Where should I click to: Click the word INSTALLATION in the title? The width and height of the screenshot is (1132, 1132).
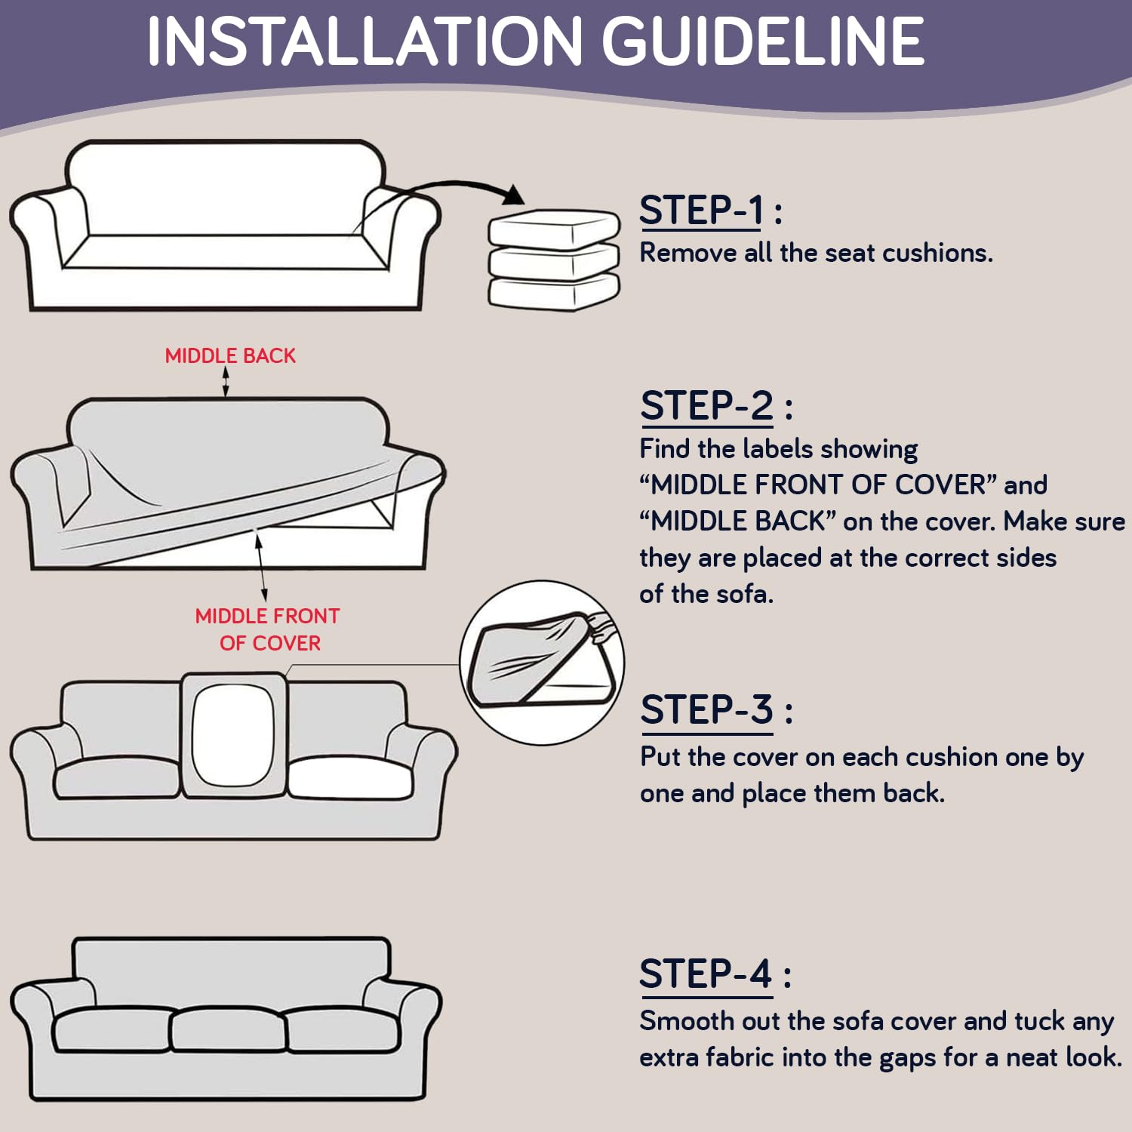pos(365,41)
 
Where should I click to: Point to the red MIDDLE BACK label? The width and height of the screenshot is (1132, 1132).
pos(230,355)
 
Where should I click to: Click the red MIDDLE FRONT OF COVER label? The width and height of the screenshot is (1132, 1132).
pos(268,629)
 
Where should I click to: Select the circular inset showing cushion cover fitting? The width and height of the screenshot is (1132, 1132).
pos(542,663)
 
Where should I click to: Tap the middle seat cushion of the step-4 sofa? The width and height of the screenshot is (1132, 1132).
pos(229,1029)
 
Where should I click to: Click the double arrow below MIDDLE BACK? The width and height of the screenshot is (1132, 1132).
pos(226,382)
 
